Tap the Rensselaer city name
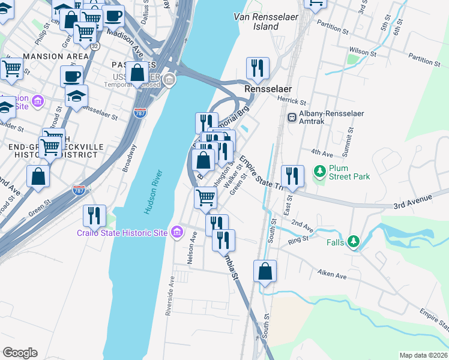(x=268, y=89)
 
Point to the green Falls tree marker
(x=354, y=241)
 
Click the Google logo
(x=20, y=353)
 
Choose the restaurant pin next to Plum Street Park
(x=292, y=175)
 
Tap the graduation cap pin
(x=76, y=95)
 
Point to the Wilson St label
(x=364, y=53)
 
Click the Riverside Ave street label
(x=172, y=296)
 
